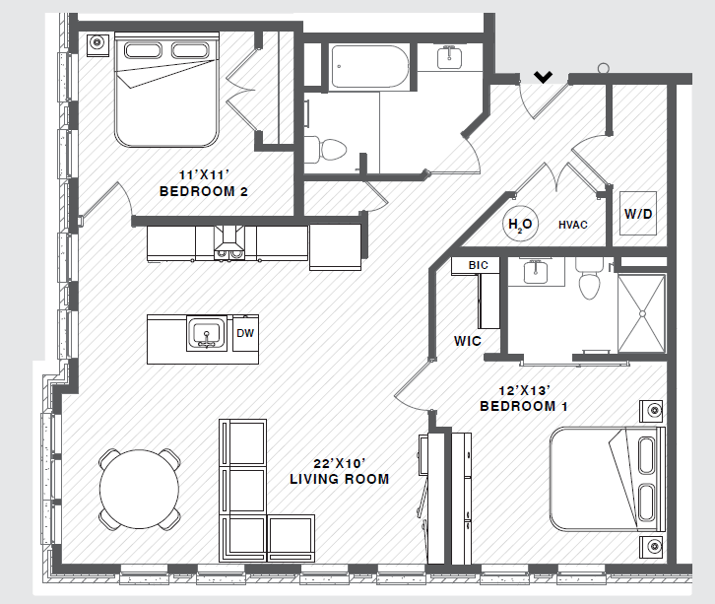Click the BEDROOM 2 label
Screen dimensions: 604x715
pyautogui.click(x=203, y=192)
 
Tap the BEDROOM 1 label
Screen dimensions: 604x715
pyautogui.click(x=523, y=406)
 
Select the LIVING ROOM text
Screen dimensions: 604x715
pyautogui.click(x=339, y=480)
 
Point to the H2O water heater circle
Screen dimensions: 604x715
pyautogui.click(x=519, y=225)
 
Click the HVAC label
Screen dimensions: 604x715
pyautogui.click(x=572, y=225)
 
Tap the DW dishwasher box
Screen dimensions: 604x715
pyautogui.click(x=245, y=333)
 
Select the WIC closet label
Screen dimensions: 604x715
pyautogui.click(x=467, y=342)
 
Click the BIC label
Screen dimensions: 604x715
pyautogui.click(x=478, y=265)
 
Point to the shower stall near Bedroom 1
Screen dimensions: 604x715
pyautogui.click(x=640, y=312)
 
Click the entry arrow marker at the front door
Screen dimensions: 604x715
pyautogui.click(x=542, y=76)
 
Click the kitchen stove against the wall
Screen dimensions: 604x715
pyautogui.click(x=231, y=242)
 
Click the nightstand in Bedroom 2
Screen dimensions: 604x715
pyautogui.click(x=97, y=43)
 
